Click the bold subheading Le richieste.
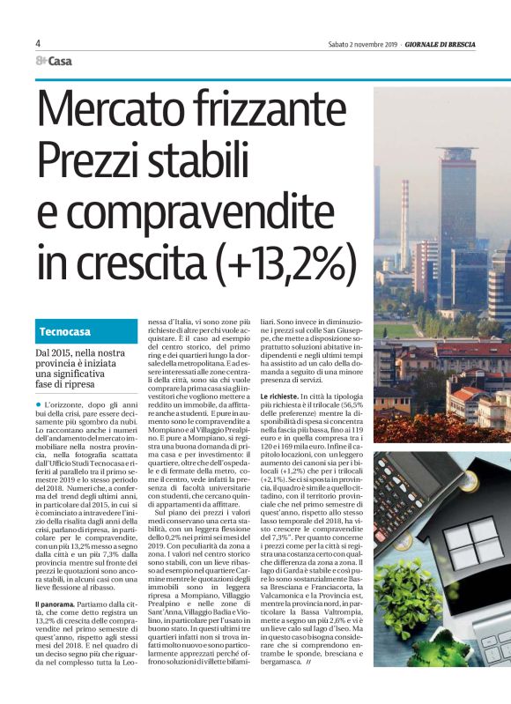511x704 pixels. click(284, 397)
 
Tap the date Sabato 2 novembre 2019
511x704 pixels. click(361, 44)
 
